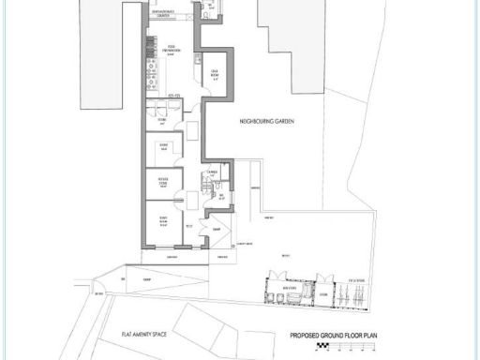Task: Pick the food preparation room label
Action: pyautogui.click(x=172, y=49)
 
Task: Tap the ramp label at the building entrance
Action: pyautogui.click(x=215, y=229)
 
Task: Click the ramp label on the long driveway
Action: pyautogui.click(x=145, y=278)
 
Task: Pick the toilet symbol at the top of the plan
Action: pyautogui.click(x=208, y=10)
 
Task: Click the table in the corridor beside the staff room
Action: pyautogui.click(x=190, y=127)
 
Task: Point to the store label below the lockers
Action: pyautogui.click(x=162, y=119)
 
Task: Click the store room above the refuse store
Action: pyautogui.click(x=162, y=146)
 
